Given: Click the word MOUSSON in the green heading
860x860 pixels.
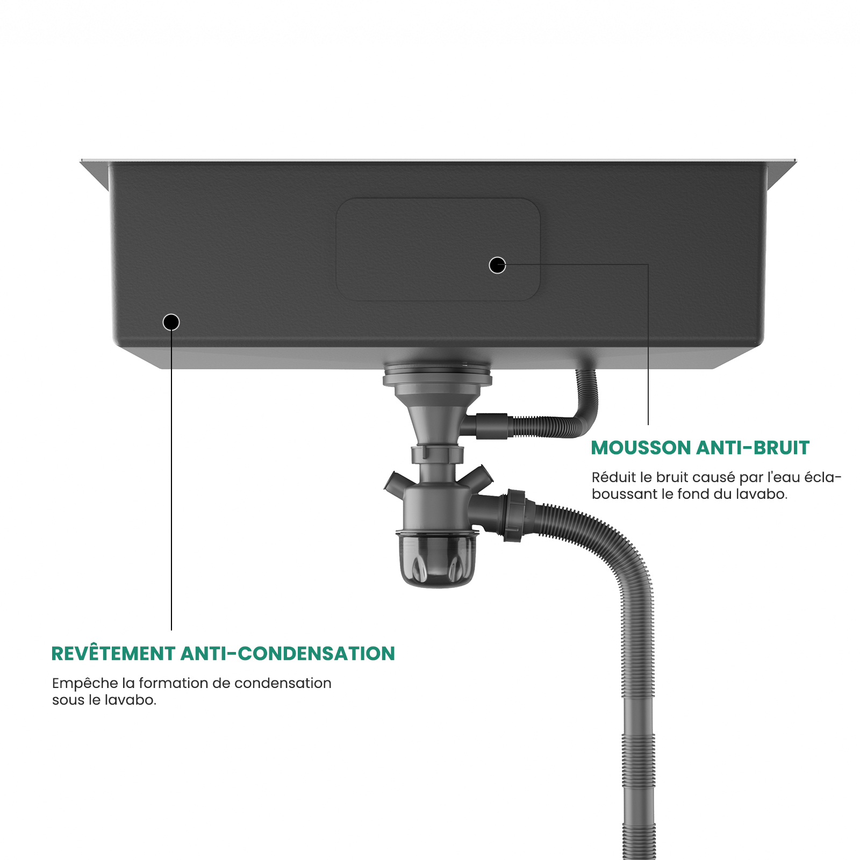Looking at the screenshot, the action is point(641,448).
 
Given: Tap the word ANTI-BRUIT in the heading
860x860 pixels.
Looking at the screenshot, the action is point(753,448).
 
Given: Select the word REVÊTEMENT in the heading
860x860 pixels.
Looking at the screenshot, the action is point(113,654).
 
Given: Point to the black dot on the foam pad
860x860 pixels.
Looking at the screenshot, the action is point(497,265).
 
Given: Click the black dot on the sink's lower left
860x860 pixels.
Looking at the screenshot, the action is point(171,322).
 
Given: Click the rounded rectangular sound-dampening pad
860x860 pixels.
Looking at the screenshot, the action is point(438,249).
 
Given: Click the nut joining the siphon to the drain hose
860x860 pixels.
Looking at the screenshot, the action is point(515,515).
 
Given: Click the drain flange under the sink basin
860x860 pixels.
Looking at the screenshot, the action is point(438,374).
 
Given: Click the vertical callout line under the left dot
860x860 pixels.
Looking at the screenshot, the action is point(171,480).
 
